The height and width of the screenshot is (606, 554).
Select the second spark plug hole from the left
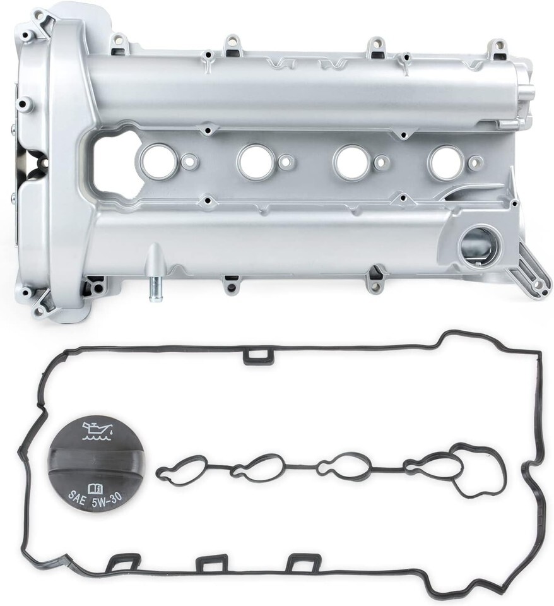pyautogui.click(x=252, y=160)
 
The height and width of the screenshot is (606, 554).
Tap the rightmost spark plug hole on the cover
pyautogui.click(x=445, y=160)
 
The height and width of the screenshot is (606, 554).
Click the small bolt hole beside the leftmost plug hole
pyautogui.click(x=189, y=160)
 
